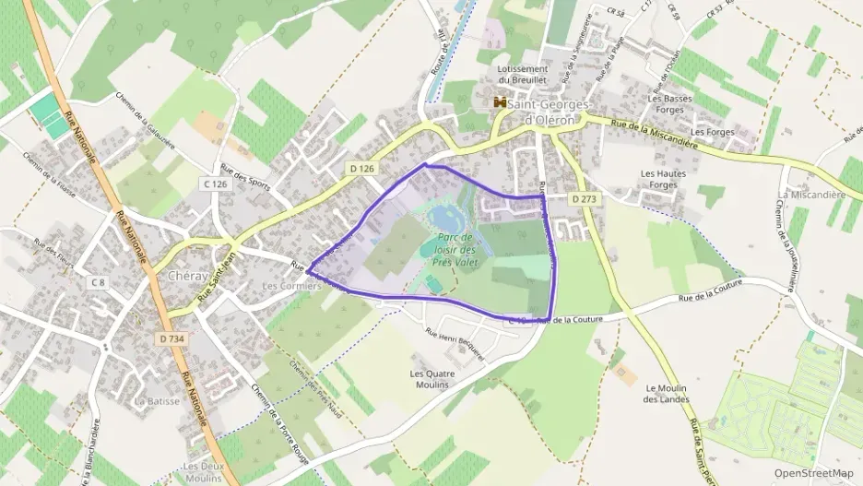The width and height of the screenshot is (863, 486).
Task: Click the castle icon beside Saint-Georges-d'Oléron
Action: (501, 102)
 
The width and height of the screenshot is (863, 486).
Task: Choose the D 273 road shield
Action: (585, 198)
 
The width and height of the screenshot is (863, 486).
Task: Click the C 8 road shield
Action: (98, 280)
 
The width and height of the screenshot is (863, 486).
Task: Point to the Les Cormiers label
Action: (291, 286)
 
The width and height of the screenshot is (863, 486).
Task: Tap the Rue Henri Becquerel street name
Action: (455, 337)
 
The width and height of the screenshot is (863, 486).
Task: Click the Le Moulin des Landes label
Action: (668, 394)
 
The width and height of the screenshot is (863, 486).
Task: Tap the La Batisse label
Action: (156, 401)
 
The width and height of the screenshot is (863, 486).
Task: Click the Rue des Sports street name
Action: (246, 175)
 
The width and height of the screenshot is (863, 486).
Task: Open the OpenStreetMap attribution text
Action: (813, 473)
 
